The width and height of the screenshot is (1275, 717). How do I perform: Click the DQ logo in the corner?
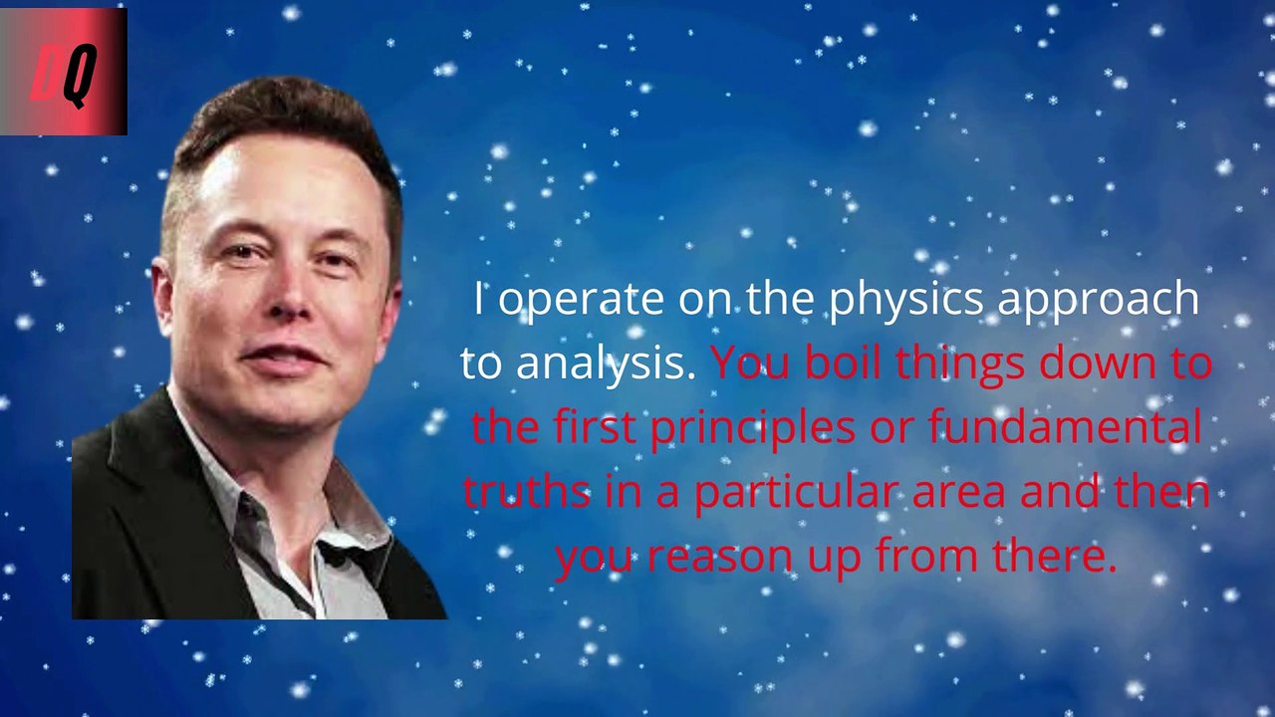(63, 72)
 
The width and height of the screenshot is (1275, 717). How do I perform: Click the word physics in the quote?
(906, 300)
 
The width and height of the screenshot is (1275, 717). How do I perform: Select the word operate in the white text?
(581, 300)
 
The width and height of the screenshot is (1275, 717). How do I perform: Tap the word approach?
(1099, 300)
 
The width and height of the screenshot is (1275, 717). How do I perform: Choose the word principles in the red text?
(752, 429)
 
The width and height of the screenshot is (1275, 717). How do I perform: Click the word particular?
(796, 494)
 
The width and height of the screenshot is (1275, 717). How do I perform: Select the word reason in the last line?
(719, 556)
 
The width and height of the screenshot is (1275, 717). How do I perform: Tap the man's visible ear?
(163, 296)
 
